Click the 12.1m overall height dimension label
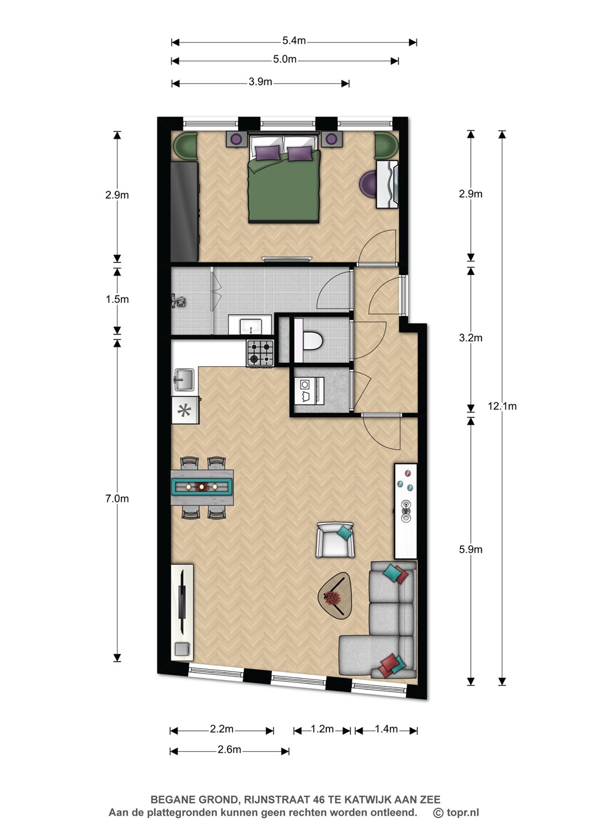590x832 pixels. [502, 406]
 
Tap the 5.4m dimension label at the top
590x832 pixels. [294, 40]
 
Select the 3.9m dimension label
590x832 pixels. [260, 81]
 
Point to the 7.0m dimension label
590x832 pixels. [117, 499]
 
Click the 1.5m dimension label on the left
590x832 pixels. [117, 299]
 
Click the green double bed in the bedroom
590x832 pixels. [285, 179]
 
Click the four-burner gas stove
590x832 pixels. [260, 352]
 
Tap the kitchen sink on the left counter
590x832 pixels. [184, 380]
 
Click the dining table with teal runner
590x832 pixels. [202, 487]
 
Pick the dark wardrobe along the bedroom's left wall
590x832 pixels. [184, 211]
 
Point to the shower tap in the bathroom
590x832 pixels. [178, 301]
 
